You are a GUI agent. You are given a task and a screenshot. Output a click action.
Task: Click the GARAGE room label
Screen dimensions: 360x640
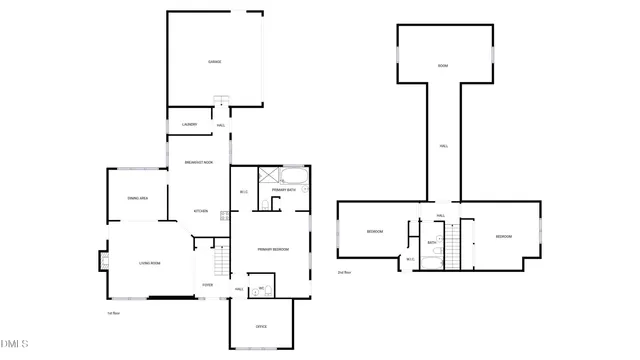click(x=214, y=62)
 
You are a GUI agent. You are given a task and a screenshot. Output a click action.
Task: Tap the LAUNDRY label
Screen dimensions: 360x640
click(x=189, y=125)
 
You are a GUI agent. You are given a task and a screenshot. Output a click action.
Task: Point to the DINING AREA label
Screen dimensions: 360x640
click(x=138, y=199)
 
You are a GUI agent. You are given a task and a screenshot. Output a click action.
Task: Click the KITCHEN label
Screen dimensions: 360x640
click(x=200, y=211)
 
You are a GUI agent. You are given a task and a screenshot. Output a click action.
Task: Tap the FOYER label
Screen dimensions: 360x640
click(x=207, y=285)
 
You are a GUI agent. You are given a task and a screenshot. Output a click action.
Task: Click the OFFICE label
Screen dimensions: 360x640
click(x=261, y=327)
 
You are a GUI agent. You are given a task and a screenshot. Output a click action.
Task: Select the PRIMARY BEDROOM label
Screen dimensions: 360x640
click(x=272, y=249)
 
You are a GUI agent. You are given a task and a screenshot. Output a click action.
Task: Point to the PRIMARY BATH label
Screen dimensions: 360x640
click(x=284, y=189)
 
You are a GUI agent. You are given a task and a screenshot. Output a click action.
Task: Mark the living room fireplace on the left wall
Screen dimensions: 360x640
click(x=102, y=263)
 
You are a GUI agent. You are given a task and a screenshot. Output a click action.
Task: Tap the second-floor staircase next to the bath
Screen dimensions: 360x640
click(x=451, y=246)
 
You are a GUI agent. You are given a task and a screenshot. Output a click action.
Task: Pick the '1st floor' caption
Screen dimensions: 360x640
click(x=114, y=313)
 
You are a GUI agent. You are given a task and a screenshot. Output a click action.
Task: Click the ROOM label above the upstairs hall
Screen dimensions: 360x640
click(x=442, y=67)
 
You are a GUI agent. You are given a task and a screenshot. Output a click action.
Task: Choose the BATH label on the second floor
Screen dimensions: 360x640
click(x=431, y=242)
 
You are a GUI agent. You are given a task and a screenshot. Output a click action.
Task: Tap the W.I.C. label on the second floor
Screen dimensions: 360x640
click(x=410, y=260)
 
